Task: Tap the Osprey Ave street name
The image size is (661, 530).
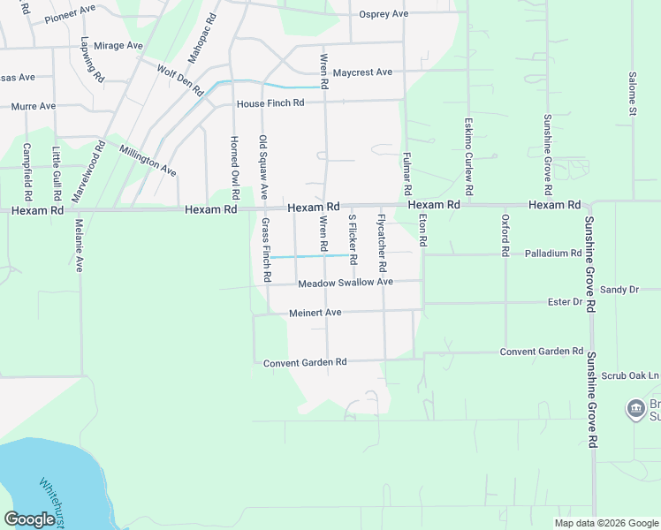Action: [x=384, y=14]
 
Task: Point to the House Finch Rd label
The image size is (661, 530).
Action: [x=270, y=103]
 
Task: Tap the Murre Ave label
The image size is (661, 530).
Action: [x=33, y=106]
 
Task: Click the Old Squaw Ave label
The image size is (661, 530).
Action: [x=263, y=166]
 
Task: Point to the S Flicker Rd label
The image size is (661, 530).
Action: [x=352, y=238]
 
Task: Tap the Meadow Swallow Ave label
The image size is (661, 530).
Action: [x=345, y=283]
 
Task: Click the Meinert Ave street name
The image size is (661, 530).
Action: [x=315, y=313]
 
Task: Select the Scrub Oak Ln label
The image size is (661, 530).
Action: [x=630, y=375]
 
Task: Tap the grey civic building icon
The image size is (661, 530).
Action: [x=635, y=409]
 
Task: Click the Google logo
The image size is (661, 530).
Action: [x=30, y=519]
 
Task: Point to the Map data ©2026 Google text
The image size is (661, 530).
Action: [x=605, y=523]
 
